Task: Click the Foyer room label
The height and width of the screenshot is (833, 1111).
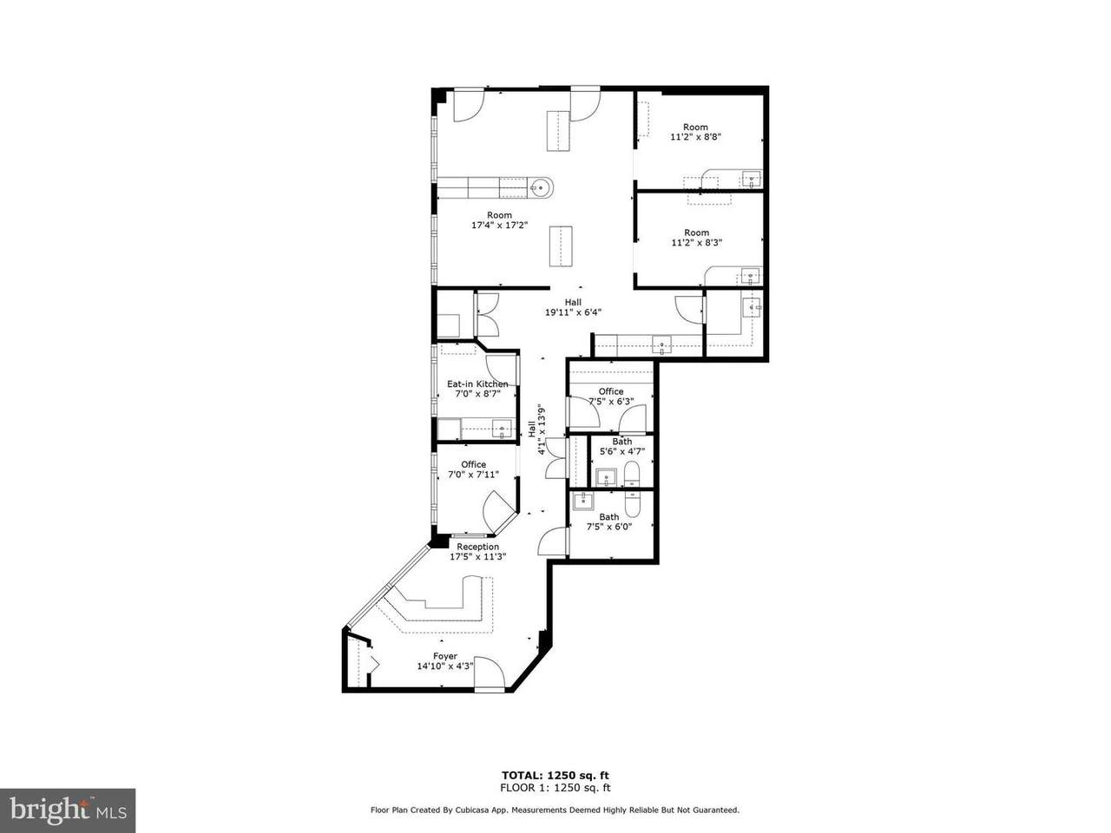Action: [x=445, y=656]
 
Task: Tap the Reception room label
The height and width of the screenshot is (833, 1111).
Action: [x=477, y=547]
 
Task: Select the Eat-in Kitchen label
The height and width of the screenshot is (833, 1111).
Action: [x=477, y=384]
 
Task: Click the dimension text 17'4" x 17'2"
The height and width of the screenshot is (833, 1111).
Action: [x=500, y=225]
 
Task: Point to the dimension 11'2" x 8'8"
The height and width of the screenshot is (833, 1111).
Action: [x=695, y=136]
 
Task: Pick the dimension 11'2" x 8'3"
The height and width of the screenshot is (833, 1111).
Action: [x=696, y=242]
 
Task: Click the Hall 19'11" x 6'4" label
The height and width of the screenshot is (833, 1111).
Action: [x=573, y=307]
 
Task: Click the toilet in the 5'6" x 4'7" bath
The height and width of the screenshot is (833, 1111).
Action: [x=632, y=475]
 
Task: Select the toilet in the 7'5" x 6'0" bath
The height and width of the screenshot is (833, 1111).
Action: [x=633, y=502]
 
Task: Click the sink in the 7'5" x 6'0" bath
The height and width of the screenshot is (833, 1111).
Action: [x=583, y=501]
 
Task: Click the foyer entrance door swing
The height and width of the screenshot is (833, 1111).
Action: [x=490, y=672]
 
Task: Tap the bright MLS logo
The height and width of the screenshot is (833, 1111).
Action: [x=68, y=810]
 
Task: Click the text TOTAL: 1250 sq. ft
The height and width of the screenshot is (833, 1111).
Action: [x=555, y=776]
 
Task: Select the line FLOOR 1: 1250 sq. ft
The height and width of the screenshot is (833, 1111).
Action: [x=555, y=788]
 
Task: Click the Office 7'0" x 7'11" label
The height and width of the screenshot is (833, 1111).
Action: [x=473, y=469]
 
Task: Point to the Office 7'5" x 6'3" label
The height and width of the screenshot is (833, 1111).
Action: [x=611, y=396]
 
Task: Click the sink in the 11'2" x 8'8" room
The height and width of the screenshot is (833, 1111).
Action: [x=751, y=179]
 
